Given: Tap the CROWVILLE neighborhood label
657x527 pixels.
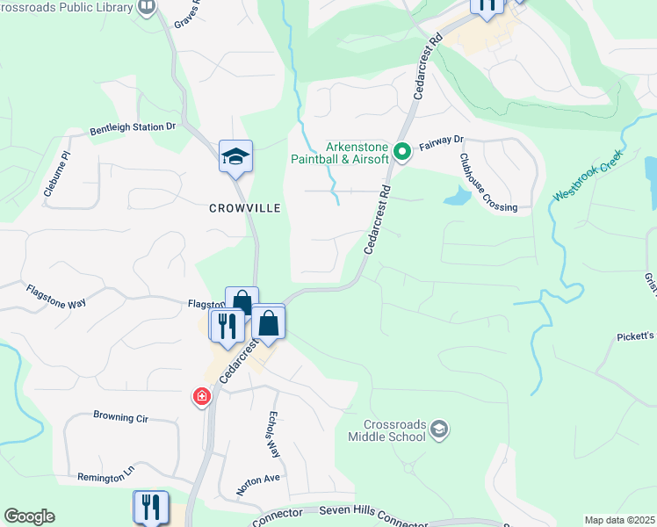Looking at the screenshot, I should pyautogui.click(x=245, y=208).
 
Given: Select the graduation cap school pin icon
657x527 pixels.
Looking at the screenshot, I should pyautogui.click(x=235, y=156).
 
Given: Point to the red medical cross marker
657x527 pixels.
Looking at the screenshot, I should pyautogui.click(x=202, y=397).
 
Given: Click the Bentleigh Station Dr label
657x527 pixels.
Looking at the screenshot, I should pyautogui.click(x=133, y=127).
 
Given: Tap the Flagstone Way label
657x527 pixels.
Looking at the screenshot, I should pyautogui.click(x=55, y=296).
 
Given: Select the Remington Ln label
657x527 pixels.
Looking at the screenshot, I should pyautogui.click(x=105, y=473).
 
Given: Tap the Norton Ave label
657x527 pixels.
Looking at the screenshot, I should pyautogui.click(x=257, y=483).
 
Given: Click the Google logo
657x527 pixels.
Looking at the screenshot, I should pyautogui.click(x=29, y=516).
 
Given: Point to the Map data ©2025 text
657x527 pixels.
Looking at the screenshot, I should pyautogui.click(x=618, y=520).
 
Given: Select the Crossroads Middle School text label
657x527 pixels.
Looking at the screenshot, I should pyautogui.click(x=387, y=430).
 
